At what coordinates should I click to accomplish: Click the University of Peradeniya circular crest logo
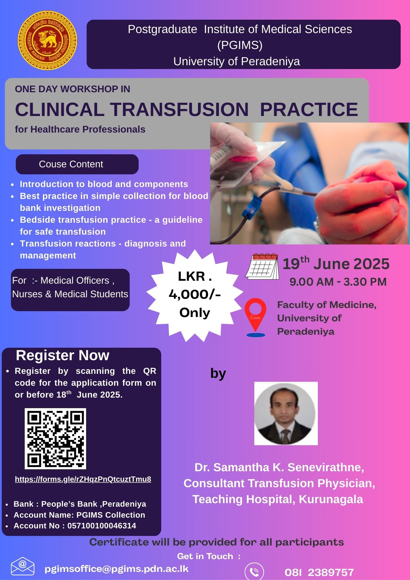[x=47, y=40]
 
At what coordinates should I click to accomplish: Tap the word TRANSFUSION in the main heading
[x=180, y=110]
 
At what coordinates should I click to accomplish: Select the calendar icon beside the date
[x=262, y=267]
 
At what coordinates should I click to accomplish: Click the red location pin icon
[x=255, y=317]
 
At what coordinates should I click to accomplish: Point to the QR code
[x=55, y=438]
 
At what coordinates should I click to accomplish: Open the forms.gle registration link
[x=83, y=479]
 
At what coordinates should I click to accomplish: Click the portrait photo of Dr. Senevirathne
[x=286, y=414]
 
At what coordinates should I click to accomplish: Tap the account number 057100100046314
[x=102, y=526]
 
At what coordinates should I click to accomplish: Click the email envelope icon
[x=23, y=566]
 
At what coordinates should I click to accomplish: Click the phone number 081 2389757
[x=319, y=572]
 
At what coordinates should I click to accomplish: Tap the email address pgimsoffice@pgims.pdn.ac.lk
[x=117, y=569]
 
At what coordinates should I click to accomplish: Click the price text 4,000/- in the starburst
[x=195, y=294]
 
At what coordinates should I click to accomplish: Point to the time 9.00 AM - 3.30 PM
[x=338, y=282]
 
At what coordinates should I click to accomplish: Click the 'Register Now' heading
[x=63, y=355]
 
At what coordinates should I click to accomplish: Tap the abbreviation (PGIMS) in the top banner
[x=240, y=45]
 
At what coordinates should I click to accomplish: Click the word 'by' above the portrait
[x=218, y=374]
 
